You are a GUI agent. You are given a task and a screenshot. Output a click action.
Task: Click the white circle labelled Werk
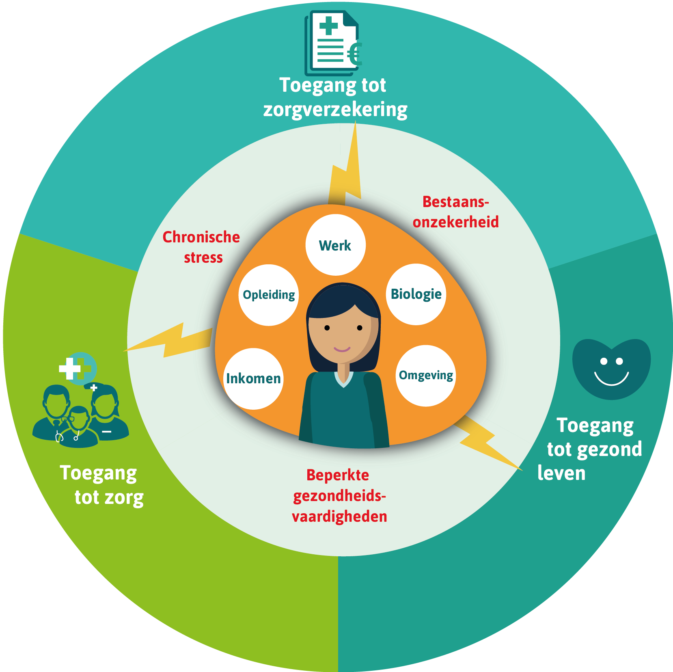335,245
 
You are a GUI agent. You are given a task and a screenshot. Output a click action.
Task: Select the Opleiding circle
269,295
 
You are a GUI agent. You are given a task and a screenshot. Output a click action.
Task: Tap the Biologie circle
416,294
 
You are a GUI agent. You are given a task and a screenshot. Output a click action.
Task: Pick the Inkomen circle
253,378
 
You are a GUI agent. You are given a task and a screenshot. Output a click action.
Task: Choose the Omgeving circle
426,376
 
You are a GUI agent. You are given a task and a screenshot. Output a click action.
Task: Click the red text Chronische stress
202,247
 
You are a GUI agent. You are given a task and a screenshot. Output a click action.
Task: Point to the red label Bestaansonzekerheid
455,212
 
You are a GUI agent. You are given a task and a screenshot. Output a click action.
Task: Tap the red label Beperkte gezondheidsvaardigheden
339,496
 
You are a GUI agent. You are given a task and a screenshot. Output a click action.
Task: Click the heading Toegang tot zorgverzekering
334,97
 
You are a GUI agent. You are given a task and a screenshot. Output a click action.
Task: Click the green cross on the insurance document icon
328,26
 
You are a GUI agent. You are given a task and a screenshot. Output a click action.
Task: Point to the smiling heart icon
611,368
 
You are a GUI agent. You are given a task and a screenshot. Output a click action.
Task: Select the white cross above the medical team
70,369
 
